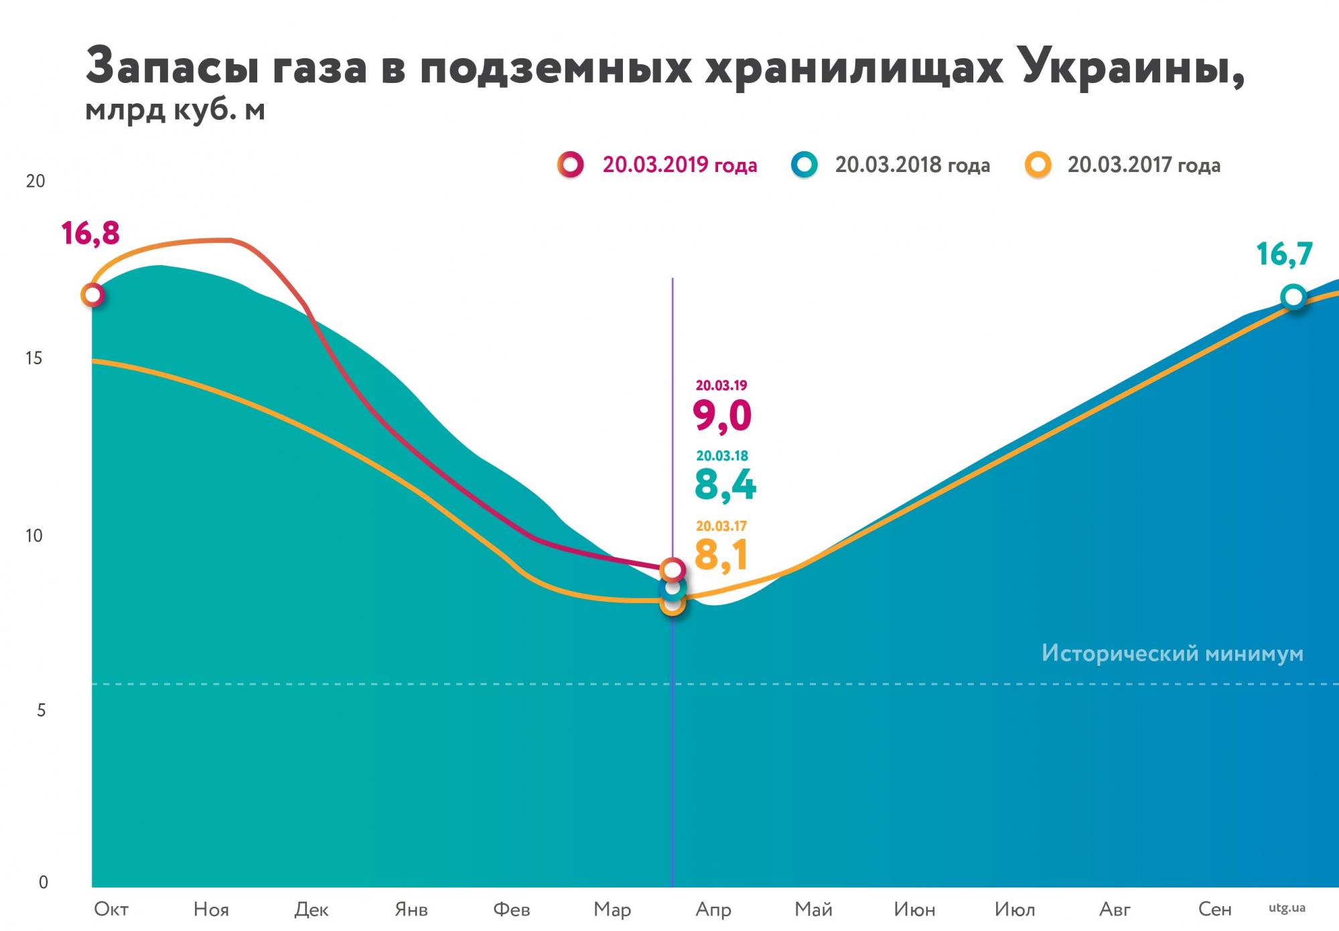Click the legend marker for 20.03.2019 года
click(x=571, y=165)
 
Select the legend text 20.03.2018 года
click(x=912, y=165)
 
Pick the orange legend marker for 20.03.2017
click(x=1038, y=165)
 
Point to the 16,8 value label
click(x=90, y=234)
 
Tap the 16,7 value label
click(x=1284, y=254)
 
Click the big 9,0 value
click(x=722, y=416)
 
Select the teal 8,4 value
click(x=725, y=485)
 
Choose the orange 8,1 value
click(x=721, y=554)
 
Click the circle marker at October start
click(x=92, y=294)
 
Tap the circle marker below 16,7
click(x=1293, y=297)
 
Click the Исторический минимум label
click(x=1172, y=653)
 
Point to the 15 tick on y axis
click(x=33, y=359)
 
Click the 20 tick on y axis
click(x=35, y=181)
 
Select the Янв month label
click(x=411, y=910)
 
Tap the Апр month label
click(x=713, y=910)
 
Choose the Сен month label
click(x=1214, y=909)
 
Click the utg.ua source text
click(x=1287, y=908)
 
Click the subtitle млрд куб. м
click(x=175, y=110)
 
